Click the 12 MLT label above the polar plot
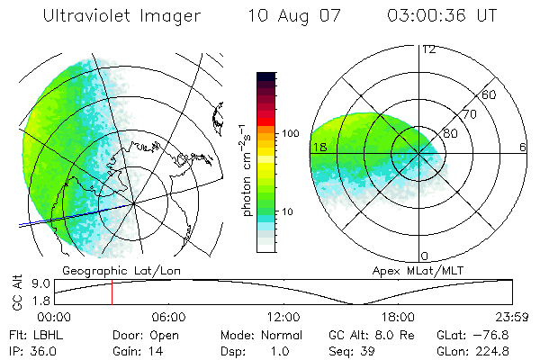428,49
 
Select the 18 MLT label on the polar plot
318,147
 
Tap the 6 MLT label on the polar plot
522,147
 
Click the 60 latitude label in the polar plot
490,94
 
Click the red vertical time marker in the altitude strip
112,292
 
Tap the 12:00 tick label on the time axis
283,317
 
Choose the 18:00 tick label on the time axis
398,317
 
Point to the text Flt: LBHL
37,335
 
